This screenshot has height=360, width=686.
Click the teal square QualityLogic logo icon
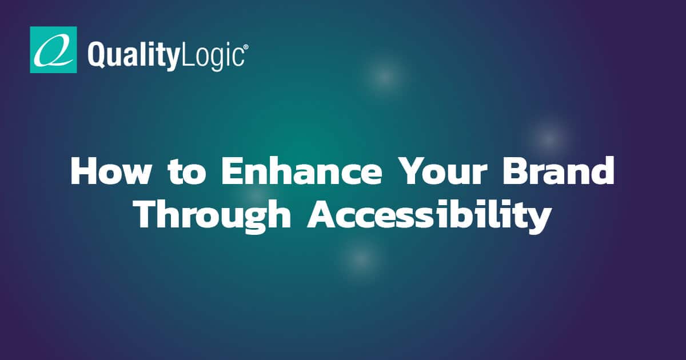[53, 50]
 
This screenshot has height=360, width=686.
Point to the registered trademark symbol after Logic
[246, 50]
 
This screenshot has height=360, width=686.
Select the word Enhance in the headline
[302, 171]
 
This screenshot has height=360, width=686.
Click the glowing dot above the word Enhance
[385, 76]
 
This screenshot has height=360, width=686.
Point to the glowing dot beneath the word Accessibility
[360, 258]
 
